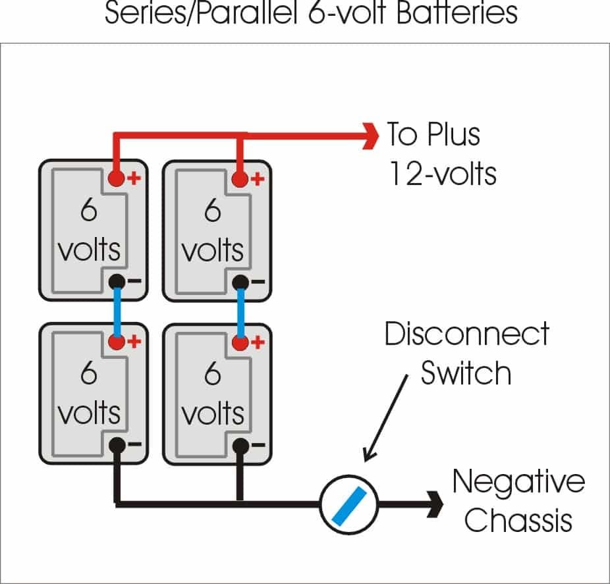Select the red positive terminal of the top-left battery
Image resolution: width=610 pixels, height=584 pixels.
point(117,178)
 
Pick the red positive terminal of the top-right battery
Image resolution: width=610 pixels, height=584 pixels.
point(240,178)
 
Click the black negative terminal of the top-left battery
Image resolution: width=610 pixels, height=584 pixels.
point(117,281)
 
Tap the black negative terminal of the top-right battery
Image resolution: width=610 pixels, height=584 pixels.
point(240,282)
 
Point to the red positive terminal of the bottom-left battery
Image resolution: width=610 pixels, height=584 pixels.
point(117,342)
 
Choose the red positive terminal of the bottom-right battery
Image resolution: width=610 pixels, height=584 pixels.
point(240,342)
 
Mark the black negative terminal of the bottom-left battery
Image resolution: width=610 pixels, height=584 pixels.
point(117,445)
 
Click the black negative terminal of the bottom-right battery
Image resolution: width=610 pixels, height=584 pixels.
point(240,445)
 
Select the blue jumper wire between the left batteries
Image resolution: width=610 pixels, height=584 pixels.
point(117,311)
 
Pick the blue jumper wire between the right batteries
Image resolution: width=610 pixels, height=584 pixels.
point(240,311)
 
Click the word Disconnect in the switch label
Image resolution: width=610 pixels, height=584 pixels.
point(466,334)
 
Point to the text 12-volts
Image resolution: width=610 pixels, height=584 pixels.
point(442,174)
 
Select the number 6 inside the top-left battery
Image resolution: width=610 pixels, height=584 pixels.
point(89,211)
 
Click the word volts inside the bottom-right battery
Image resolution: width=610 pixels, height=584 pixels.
point(213,414)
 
